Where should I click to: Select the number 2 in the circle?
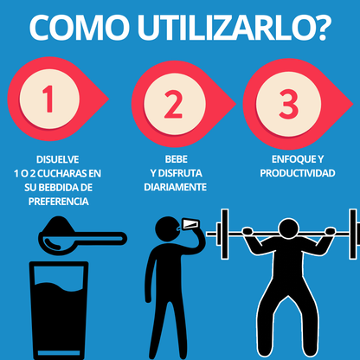pos(173,102)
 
